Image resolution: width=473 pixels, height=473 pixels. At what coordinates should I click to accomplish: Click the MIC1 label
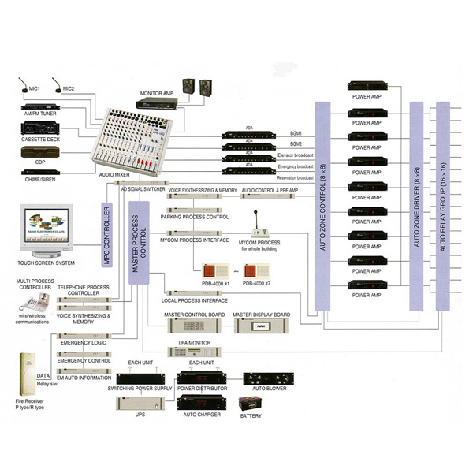35,88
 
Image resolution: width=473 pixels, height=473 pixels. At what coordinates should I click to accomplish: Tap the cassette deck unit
39,129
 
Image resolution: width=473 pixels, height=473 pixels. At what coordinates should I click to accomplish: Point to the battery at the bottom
251,404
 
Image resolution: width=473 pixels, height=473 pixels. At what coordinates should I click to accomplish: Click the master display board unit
261,326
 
